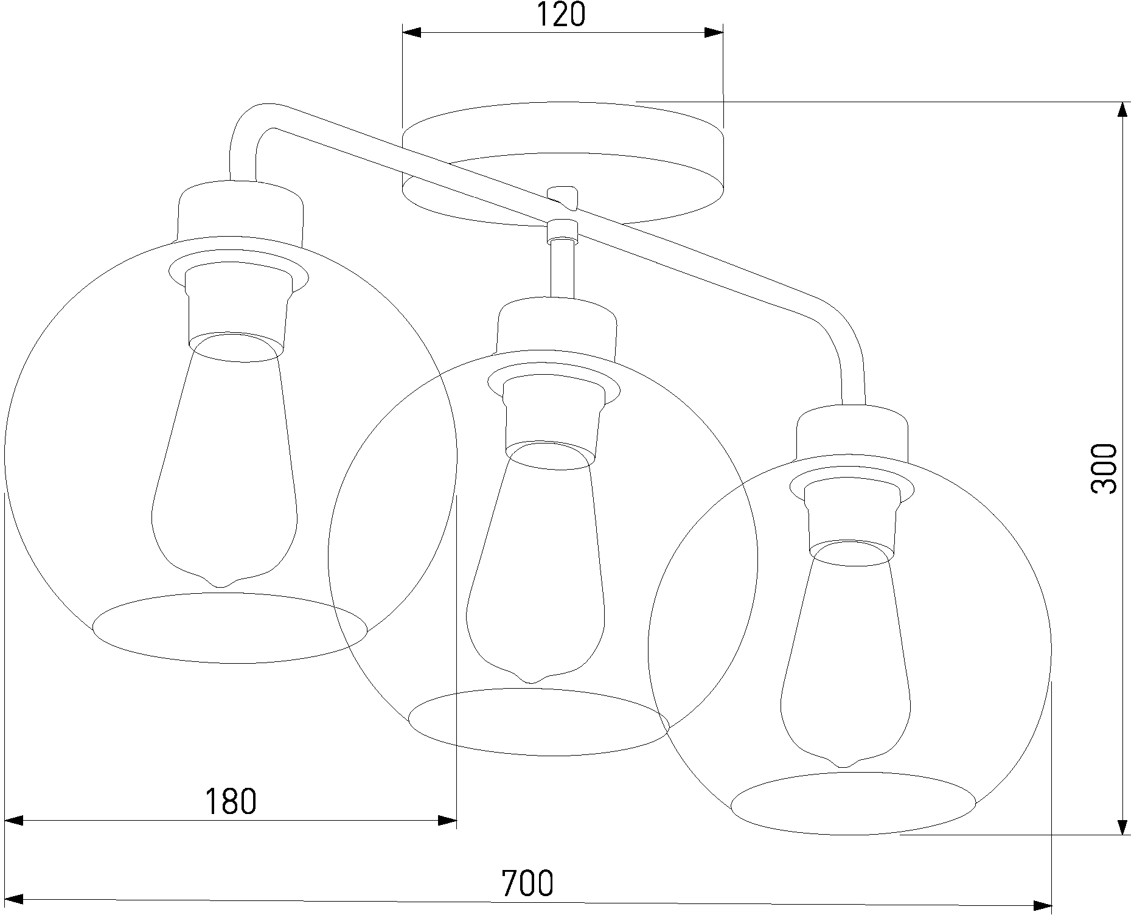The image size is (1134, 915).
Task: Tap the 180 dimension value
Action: point(230,801)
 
